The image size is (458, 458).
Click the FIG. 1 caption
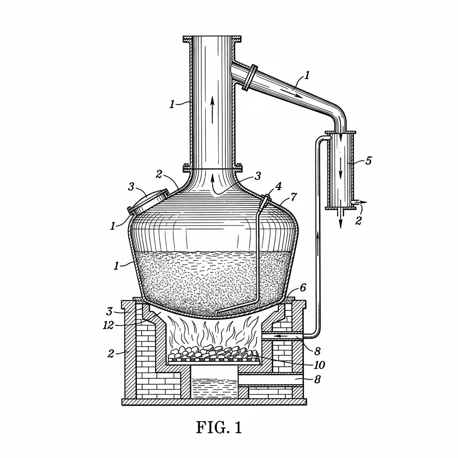pos(219,428)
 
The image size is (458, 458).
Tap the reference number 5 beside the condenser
pos(369,161)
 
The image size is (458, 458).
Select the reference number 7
pos(293,197)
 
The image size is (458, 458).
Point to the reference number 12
pos(108,325)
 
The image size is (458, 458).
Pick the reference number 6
pos(303,288)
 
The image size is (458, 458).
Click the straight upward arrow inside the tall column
pos(212,110)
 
